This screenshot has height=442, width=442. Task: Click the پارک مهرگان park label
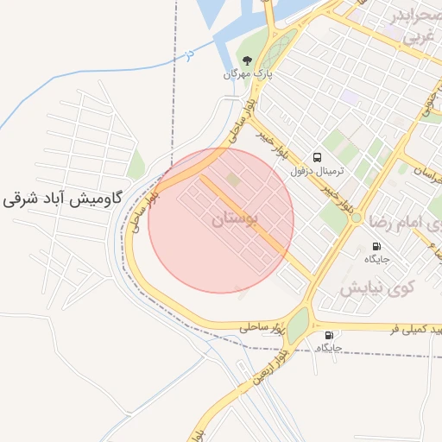click(x=248, y=74)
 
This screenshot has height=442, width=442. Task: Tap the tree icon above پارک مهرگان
click(x=248, y=60)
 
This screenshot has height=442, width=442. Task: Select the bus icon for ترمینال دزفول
click(x=319, y=157)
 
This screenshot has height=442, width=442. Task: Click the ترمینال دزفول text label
click(x=319, y=171)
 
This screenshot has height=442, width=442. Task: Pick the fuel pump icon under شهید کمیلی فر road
click(x=328, y=335)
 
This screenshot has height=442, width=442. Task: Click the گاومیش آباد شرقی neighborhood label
click(x=60, y=197)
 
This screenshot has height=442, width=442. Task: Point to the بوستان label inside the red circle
click(x=234, y=221)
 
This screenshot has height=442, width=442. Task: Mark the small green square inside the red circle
click(x=233, y=179)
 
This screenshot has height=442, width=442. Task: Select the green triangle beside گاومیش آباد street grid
click(x=136, y=162)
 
